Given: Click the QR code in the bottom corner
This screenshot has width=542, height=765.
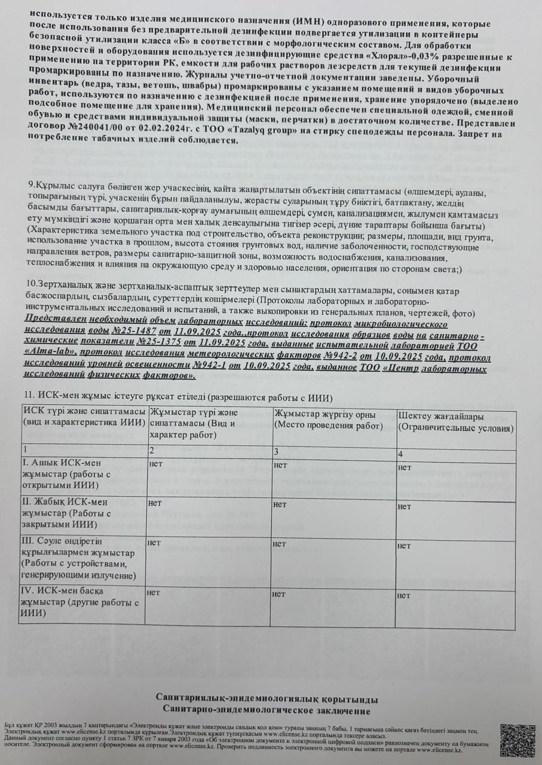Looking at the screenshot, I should pyautogui.click(x=517, y=740).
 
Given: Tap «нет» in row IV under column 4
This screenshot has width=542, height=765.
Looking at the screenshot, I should pyautogui.click(x=404, y=595).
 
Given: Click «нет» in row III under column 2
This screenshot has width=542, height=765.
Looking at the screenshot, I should pyautogui.click(x=154, y=543).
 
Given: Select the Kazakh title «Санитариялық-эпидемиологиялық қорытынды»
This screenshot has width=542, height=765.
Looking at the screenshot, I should pyautogui.click(x=267, y=699).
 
